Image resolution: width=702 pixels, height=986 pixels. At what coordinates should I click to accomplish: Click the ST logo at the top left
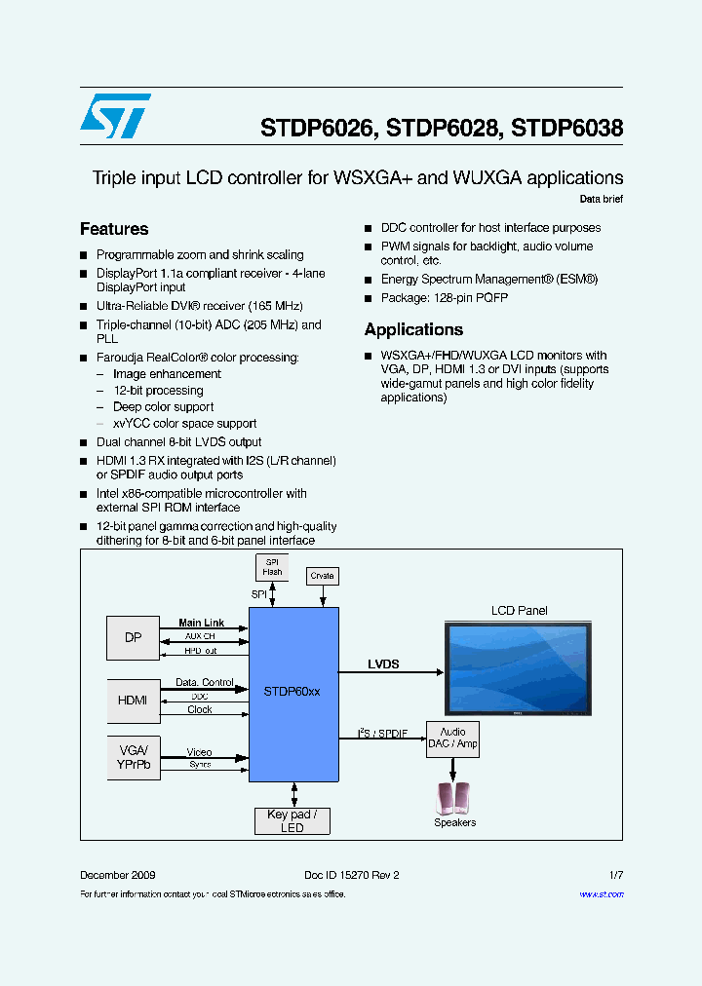click(115, 116)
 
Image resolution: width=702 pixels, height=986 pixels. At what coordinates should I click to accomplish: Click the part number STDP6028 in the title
click(442, 128)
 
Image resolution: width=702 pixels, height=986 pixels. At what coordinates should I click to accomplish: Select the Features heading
click(114, 229)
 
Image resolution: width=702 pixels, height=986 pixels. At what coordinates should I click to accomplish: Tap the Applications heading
click(413, 329)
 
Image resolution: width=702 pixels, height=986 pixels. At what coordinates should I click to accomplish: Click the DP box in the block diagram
click(133, 638)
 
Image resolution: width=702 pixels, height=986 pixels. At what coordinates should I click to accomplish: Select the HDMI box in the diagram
click(133, 700)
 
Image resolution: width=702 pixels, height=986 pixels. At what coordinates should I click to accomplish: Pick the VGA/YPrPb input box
click(133, 757)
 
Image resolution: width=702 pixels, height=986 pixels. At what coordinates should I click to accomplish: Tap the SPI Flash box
click(272, 567)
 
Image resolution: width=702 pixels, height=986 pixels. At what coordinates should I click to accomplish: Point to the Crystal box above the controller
click(322, 576)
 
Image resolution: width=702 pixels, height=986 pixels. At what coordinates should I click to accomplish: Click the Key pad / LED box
click(292, 821)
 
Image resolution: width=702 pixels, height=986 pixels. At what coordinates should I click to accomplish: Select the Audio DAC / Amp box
click(452, 738)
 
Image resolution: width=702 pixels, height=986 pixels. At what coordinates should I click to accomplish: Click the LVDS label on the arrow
click(383, 664)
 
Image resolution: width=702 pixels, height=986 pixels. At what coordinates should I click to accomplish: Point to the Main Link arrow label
click(201, 623)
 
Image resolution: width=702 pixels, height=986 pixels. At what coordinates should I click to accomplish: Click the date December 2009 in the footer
click(117, 875)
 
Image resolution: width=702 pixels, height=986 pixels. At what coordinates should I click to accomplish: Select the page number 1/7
click(614, 875)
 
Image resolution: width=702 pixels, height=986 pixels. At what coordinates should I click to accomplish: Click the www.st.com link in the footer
click(602, 894)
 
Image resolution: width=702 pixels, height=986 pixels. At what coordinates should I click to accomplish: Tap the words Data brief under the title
click(601, 199)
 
